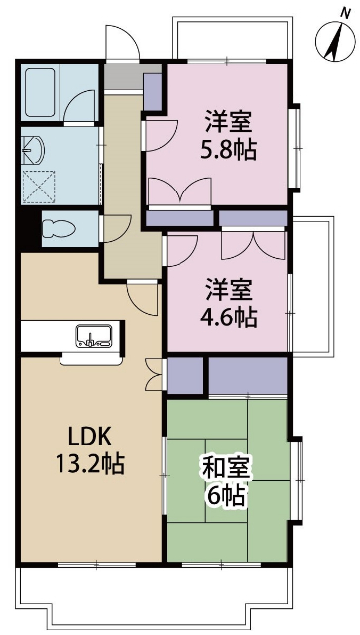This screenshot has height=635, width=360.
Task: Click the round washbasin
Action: pyautogui.click(x=36, y=149)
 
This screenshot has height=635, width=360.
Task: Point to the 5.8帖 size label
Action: pyautogui.click(x=229, y=151)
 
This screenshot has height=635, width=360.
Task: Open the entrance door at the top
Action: pyautogui.click(x=121, y=45)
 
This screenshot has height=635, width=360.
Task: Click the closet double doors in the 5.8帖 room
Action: pyautogui.click(x=180, y=191)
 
